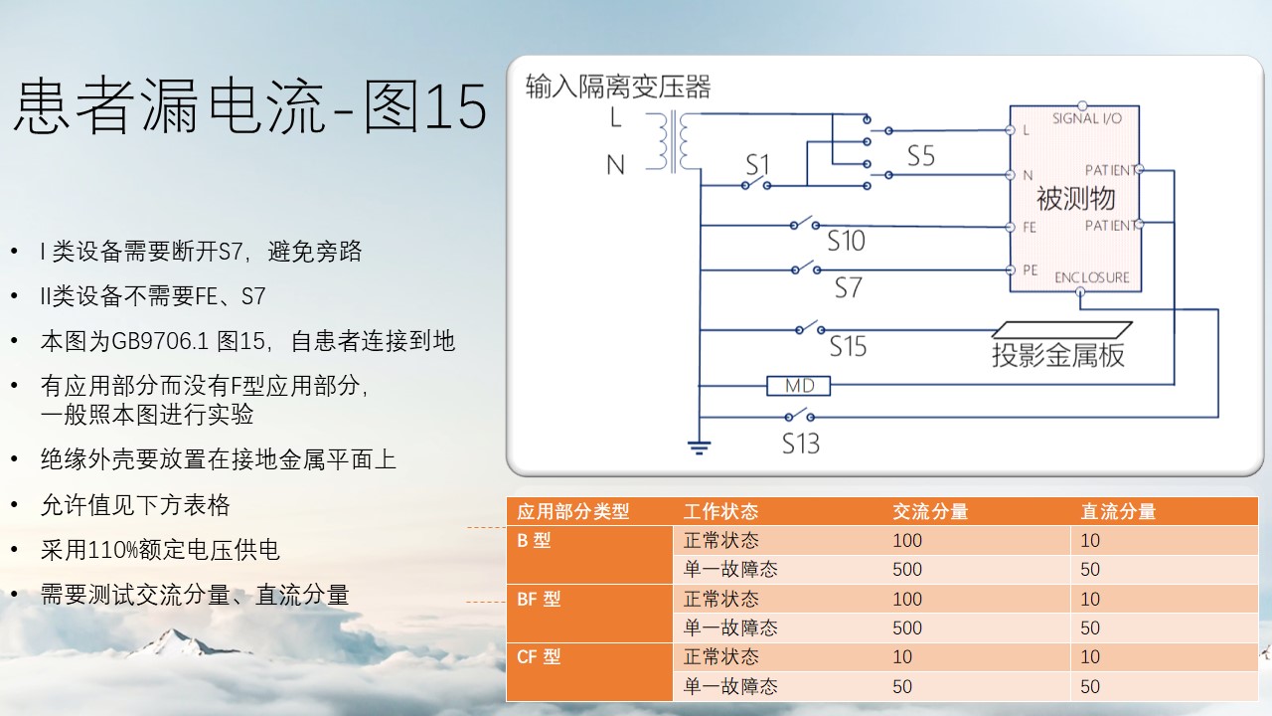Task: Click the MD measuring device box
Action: coord(798,386)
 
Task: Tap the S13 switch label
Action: coord(801,444)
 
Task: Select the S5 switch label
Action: coord(920,156)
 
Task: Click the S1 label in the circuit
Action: coord(757,165)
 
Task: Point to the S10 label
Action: coord(846,241)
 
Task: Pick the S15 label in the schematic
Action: coord(848,346)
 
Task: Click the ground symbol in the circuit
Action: coord(699,447)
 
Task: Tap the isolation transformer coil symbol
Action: coord(674,141)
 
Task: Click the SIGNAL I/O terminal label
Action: coord(1087,118)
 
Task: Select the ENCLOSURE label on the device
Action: coord(1092,277)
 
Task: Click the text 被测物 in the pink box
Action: coord(1075,198)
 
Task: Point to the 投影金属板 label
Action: coord(1058,355)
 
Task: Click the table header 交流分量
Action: coord(930,511)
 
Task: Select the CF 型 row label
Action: coord(539,657)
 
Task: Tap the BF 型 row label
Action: coord(539,599)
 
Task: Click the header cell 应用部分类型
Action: coord(573,511)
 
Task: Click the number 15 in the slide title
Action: coord(455,106)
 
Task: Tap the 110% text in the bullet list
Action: coord(113,550)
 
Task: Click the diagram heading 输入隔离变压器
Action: coord(618,87)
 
